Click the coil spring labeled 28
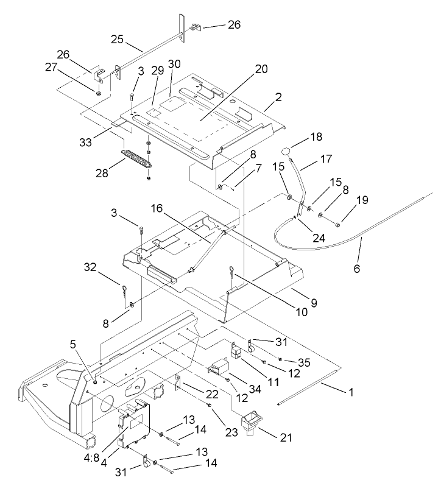[x=136, y=158]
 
